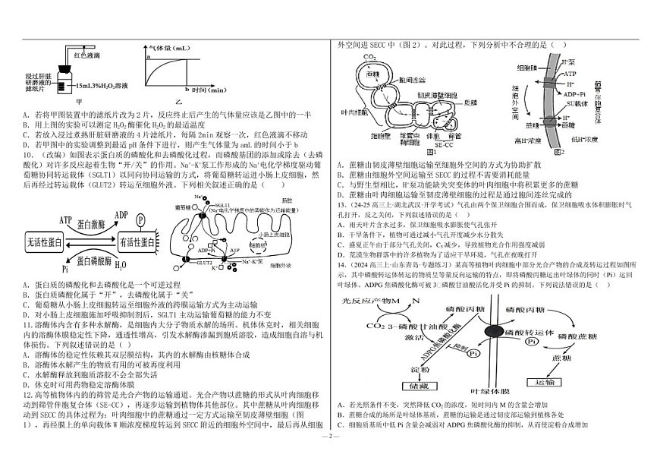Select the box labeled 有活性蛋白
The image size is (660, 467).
click(138, 241)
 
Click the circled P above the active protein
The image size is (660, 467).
click(141, 218)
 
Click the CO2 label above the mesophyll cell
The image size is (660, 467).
click(369, 57)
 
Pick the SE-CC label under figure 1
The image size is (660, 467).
click(443, 144)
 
